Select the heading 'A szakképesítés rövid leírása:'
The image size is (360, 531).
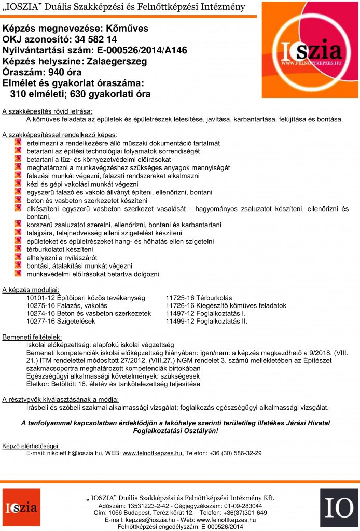[47, 112]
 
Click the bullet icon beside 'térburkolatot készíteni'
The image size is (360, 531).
[17, 249]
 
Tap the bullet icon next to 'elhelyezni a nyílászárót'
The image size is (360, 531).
[17, 257]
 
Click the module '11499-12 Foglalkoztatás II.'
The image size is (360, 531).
[206, 321]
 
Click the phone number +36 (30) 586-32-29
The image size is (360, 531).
[236, 453]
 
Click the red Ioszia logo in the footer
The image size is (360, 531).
[21, 508]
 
